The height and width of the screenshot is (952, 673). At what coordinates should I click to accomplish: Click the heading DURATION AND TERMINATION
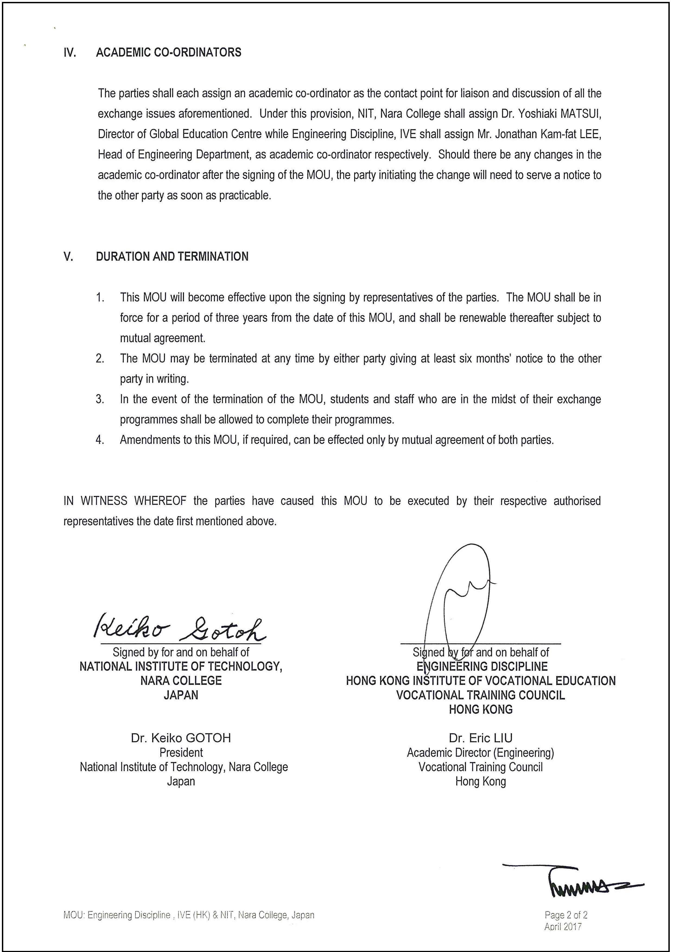[x=172, y=256]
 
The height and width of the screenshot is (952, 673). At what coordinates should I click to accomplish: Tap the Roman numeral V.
[x=68, y=256]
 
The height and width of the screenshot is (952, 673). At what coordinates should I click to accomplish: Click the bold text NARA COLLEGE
[x=181, y=681]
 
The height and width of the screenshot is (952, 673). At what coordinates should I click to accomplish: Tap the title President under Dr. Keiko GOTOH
[x=181, y=752]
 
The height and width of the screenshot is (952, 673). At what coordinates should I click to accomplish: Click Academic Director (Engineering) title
[x=480, y=752]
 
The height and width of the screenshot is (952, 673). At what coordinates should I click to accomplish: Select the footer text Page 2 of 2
[x=566, y=915]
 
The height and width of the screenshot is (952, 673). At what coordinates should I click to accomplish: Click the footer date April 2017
[x=563, y=926]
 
